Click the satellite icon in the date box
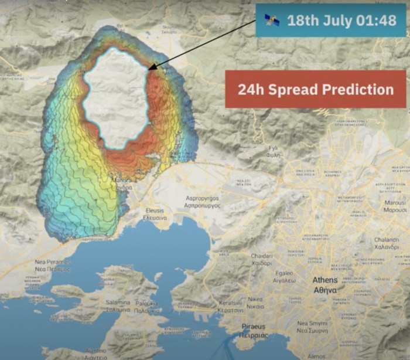272,21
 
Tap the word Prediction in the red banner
355,90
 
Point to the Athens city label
324,280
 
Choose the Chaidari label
262,256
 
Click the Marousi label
395,203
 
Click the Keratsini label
231,305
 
